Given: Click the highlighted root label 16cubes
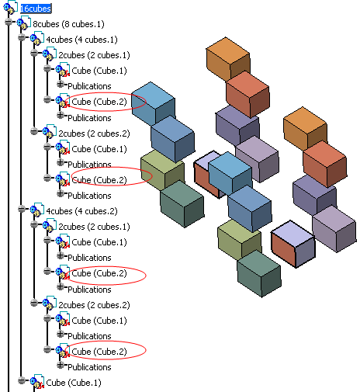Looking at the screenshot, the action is [36, 9].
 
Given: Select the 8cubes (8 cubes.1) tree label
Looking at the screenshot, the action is [68, 24].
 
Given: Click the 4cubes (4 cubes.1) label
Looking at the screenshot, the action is [81, 40].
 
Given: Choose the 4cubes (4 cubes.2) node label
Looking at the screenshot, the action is [81, 211].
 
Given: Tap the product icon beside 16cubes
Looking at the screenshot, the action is [10, 7].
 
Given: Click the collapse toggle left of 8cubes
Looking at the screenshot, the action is [9, 22].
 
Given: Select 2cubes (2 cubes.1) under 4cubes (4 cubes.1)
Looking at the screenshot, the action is [94, 55].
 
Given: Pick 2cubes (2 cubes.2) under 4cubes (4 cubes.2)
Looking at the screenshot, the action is [94, 305].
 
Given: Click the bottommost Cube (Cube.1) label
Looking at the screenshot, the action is [74, 383].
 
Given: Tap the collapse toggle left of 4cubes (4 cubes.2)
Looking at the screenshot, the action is [22, 209].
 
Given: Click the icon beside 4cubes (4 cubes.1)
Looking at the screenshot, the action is [36, 38].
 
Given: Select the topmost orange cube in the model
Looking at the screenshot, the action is [228, 59].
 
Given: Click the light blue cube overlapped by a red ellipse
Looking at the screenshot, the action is [153, 103].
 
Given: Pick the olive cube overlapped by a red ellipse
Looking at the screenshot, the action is [162, 169].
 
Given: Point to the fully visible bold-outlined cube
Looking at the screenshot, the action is [293, 244].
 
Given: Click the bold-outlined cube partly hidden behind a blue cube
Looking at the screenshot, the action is [207, 174].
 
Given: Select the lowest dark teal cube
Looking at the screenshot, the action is [259, 273].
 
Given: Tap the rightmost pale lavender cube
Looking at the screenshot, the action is [334, 228].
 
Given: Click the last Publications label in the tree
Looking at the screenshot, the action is [89, 367].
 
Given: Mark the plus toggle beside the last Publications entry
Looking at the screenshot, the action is [61, 365].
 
